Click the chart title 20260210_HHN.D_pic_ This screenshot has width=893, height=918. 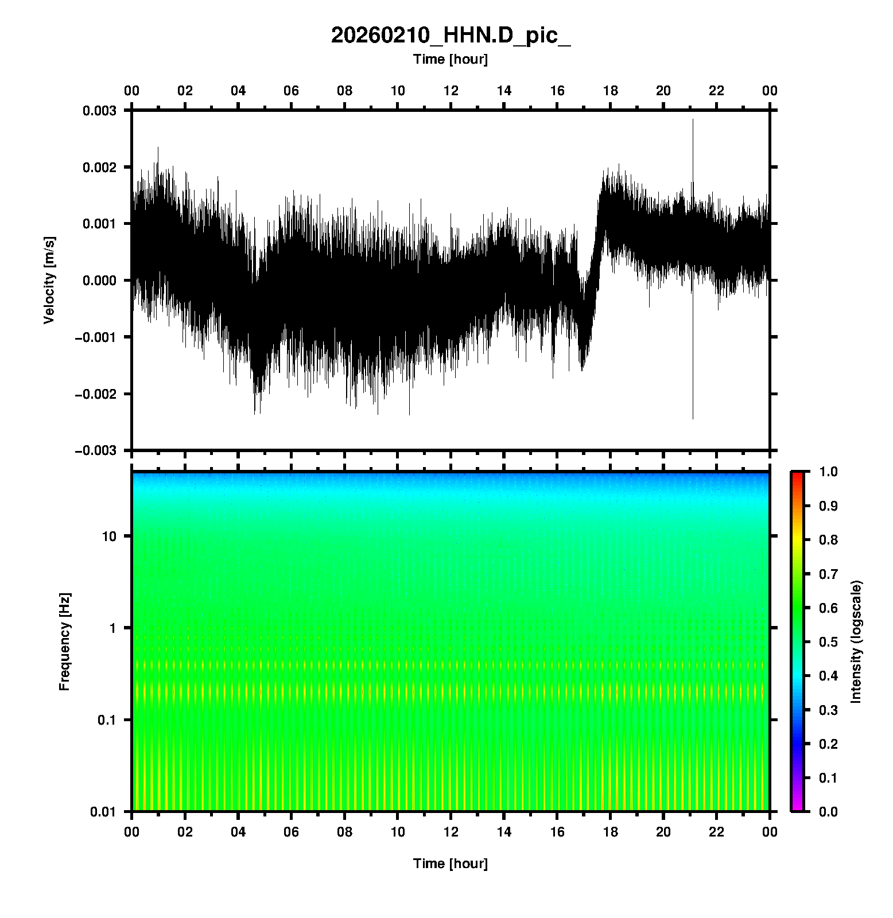pyautogui.click(x=451, y=36)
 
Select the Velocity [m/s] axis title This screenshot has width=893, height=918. pyautogui.click(x=49, y=280)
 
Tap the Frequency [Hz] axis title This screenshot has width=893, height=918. pyautogui.click(x=64, y=641)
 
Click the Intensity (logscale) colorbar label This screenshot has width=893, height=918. pyautogui.click(x=856, y=641)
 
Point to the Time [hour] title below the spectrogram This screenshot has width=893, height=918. pyautogui.click(x=451, y=863)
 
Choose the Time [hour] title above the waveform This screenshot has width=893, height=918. pyautogui.click(x=451, y=59)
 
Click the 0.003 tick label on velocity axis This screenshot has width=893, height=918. pyautogui.click(x=99, y=111)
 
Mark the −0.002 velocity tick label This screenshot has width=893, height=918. pyautogui.click(x=95, y=394)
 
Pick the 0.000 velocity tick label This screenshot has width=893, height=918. pyautogui.click(x=99, y=281)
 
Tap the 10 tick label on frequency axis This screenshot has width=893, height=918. pyautogui.click(x=109, y=536)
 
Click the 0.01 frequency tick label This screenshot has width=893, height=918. pyautogui.click(x=103, y=811)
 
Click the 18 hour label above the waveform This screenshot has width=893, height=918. pyautogui.click(x=611, y=91)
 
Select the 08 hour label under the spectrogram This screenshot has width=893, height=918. pyautogui.click(x=344, y=832)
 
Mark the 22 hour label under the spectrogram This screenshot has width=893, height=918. pyautogui.click(x=717, y=832)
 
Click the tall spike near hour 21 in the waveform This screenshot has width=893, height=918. pyautogui.click(x=693, y=269)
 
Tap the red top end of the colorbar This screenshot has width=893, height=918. pyautogui.click(x=797, y=474)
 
